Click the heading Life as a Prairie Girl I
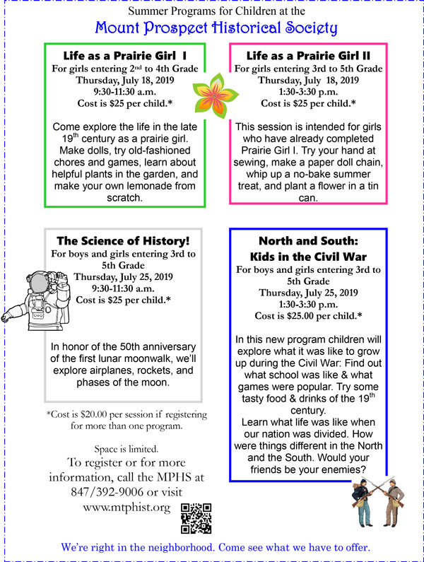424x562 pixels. coord(124,54)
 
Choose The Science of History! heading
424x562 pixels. coord(124,240)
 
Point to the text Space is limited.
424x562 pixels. coord(122,449)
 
